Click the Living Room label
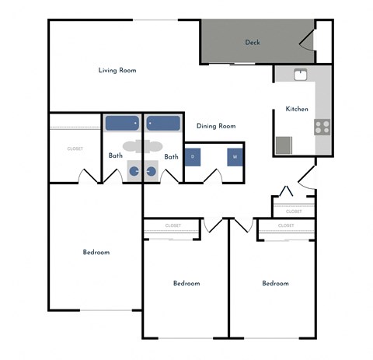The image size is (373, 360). click(x=117, y=71)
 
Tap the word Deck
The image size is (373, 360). click(x=252, y=42)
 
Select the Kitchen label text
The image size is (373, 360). click(x=298, y=109)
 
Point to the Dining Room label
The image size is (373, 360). click(x=215, y=126)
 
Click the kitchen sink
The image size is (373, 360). click(x=301, y=75)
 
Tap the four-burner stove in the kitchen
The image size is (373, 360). click(x=322, y=126)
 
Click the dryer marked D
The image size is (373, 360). click(x=193, y=157)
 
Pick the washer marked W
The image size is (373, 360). click(x=234, y=157)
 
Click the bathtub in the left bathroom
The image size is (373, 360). click(x=122, y=123)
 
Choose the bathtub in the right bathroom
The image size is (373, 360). click(x=163, y=123)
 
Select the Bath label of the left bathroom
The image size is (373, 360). click(x=115, y=156)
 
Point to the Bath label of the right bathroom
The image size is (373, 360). click(x=171, y=156)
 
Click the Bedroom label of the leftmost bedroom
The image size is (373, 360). click(x=96, y=252)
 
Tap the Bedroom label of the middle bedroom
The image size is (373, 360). click(x=186, y=283)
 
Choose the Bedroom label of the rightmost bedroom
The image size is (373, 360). click(x=275, y=283)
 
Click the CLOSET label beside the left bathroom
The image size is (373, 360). click(x=75, y=149)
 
